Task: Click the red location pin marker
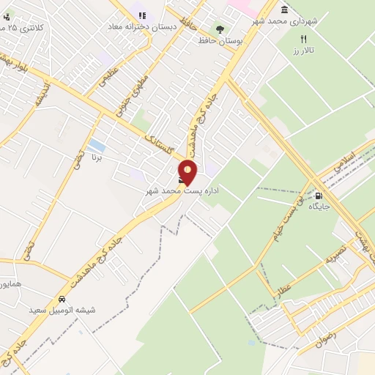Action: pos(188,171)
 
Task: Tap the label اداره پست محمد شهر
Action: pos(182,190)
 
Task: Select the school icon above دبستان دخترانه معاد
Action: pos(142,15)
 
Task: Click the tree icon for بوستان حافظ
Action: pos(220,29)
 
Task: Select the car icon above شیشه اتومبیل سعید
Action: pos(63,300)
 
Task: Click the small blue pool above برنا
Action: pos(95,144)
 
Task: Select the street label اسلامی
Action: pos(343,161)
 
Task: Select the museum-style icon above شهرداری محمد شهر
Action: pos(284,10)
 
